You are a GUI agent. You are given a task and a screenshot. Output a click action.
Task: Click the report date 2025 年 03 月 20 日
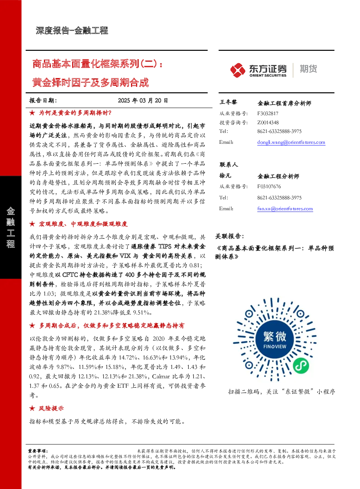143,101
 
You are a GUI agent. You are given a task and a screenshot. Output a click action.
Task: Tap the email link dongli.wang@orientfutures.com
291,142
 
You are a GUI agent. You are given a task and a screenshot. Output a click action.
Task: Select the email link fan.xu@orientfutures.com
285,209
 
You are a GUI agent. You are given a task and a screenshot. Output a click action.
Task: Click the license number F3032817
268,114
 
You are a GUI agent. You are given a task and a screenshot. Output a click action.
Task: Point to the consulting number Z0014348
268,122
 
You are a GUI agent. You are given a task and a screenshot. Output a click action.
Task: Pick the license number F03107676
269,187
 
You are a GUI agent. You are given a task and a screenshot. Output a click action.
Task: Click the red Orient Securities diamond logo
238,70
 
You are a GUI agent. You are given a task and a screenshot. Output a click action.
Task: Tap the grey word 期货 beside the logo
308,69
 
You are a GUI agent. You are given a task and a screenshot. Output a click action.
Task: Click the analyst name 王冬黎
228,102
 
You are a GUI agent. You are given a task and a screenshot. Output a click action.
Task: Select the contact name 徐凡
225,176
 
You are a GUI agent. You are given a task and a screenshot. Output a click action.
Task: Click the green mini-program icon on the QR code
301,366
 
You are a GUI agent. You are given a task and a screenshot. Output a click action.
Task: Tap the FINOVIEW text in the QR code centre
275,346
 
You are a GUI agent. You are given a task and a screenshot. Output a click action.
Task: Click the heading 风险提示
51,408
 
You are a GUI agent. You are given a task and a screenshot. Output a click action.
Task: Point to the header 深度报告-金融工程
72,30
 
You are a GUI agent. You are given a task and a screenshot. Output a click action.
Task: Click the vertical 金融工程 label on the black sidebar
11,227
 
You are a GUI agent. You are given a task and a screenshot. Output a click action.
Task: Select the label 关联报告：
230,236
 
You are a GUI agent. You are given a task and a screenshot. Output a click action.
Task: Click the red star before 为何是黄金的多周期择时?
32,113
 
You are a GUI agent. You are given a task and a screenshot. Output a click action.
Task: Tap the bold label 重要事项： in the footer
38,451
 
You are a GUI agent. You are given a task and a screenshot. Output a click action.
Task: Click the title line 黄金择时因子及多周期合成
91,82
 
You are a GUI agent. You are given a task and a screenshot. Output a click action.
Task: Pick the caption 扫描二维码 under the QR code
244,392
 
